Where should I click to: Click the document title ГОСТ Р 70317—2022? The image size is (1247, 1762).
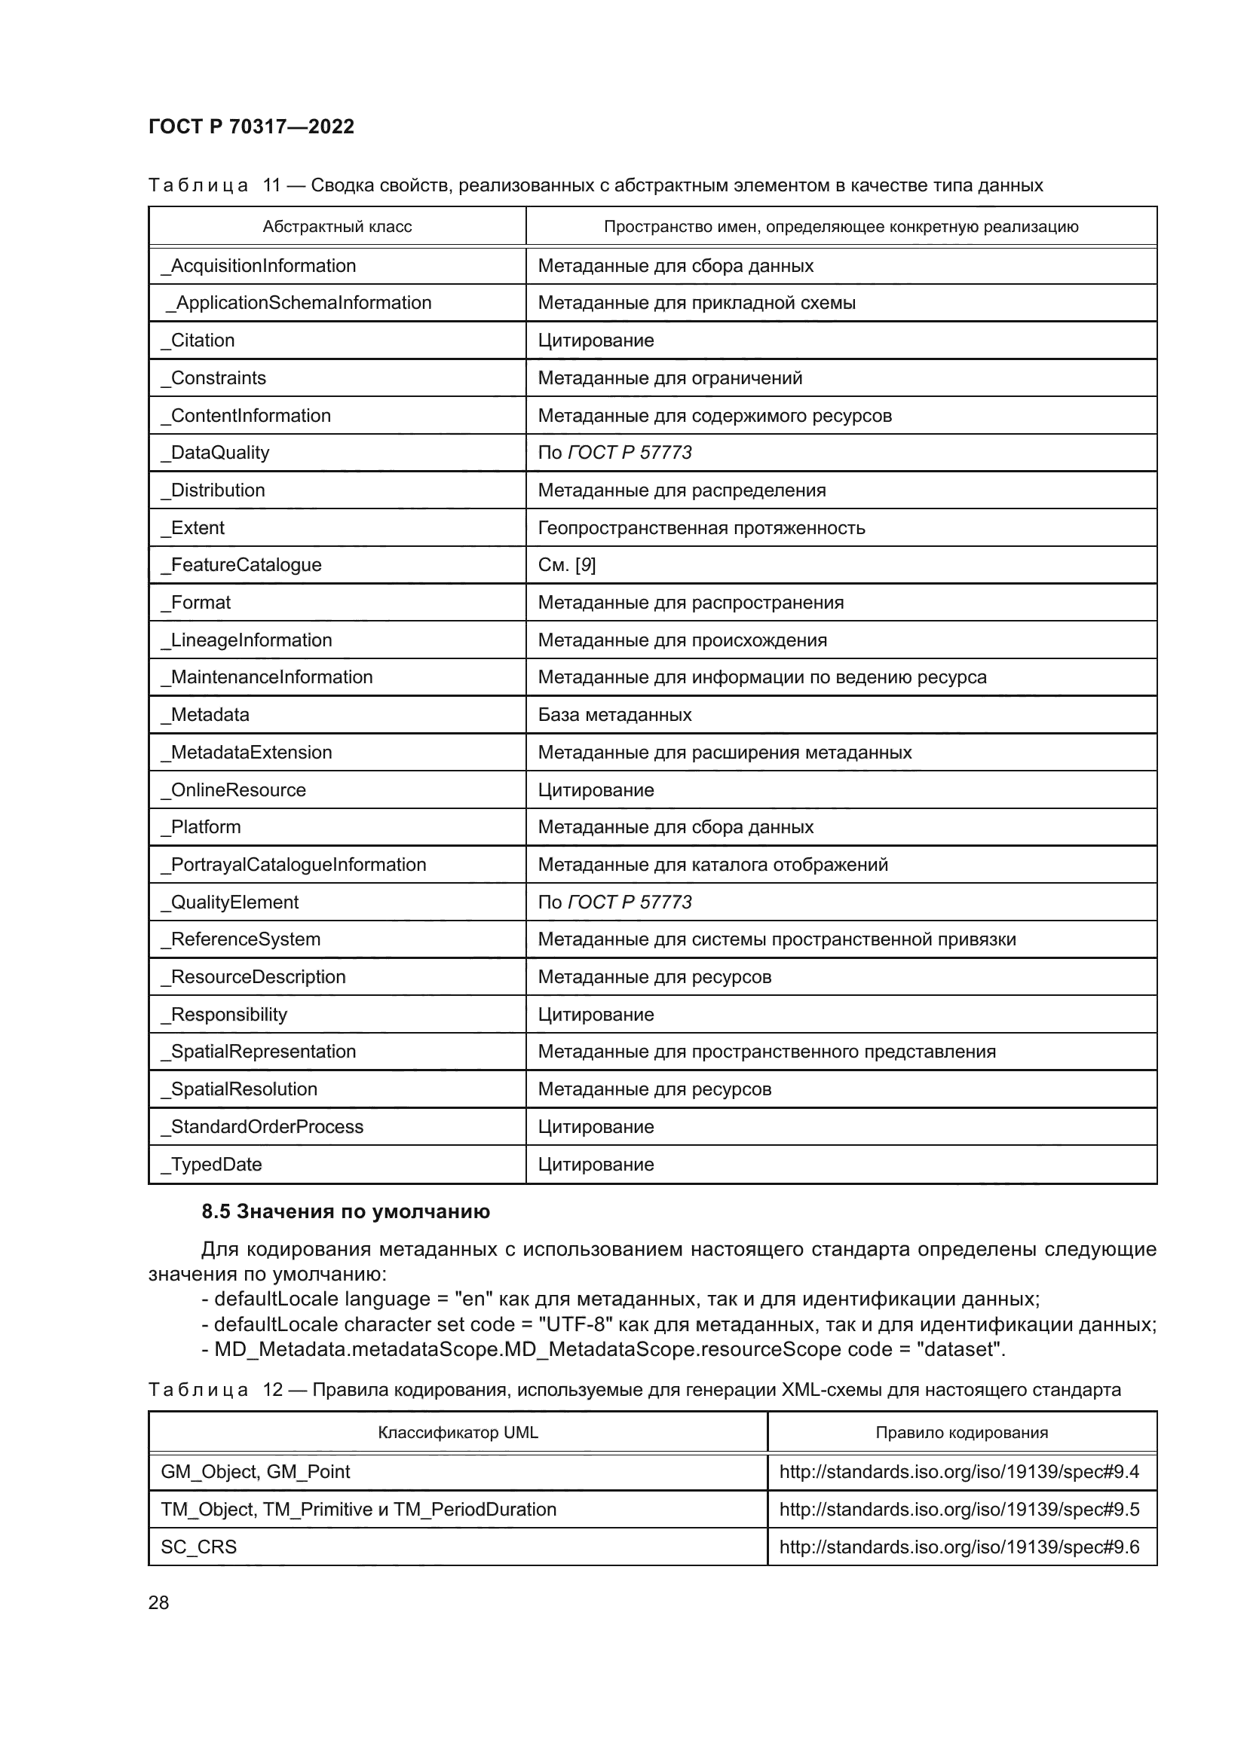(251, 127)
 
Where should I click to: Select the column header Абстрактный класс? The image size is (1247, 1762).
(337, 227)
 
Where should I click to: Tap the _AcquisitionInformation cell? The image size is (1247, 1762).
(259, 265)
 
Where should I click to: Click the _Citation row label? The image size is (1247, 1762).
(198, 340)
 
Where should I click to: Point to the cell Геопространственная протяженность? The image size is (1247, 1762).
(701, 528)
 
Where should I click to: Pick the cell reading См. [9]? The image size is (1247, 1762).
(567, 565)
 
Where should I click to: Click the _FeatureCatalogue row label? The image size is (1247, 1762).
(241, 565)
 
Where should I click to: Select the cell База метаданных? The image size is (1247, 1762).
(614, 714)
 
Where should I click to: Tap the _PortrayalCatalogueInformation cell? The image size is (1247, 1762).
(293, 864)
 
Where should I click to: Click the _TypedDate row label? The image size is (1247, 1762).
(212, 1164)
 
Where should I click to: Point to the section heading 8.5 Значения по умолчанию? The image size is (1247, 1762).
(345, 1212)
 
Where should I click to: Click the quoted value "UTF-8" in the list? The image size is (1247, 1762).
(575, 1324)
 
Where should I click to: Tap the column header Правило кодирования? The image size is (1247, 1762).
(961, 1433)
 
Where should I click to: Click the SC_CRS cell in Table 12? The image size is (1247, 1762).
(199, 1547)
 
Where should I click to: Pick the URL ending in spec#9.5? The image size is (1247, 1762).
(959, 1510)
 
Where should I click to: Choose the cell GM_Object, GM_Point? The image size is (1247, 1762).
(255, 1472)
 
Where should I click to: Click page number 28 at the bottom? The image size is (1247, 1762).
(159, 1603)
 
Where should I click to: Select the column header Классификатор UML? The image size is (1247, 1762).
(458, 1433)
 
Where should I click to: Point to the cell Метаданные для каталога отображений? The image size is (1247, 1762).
(712, 864)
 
